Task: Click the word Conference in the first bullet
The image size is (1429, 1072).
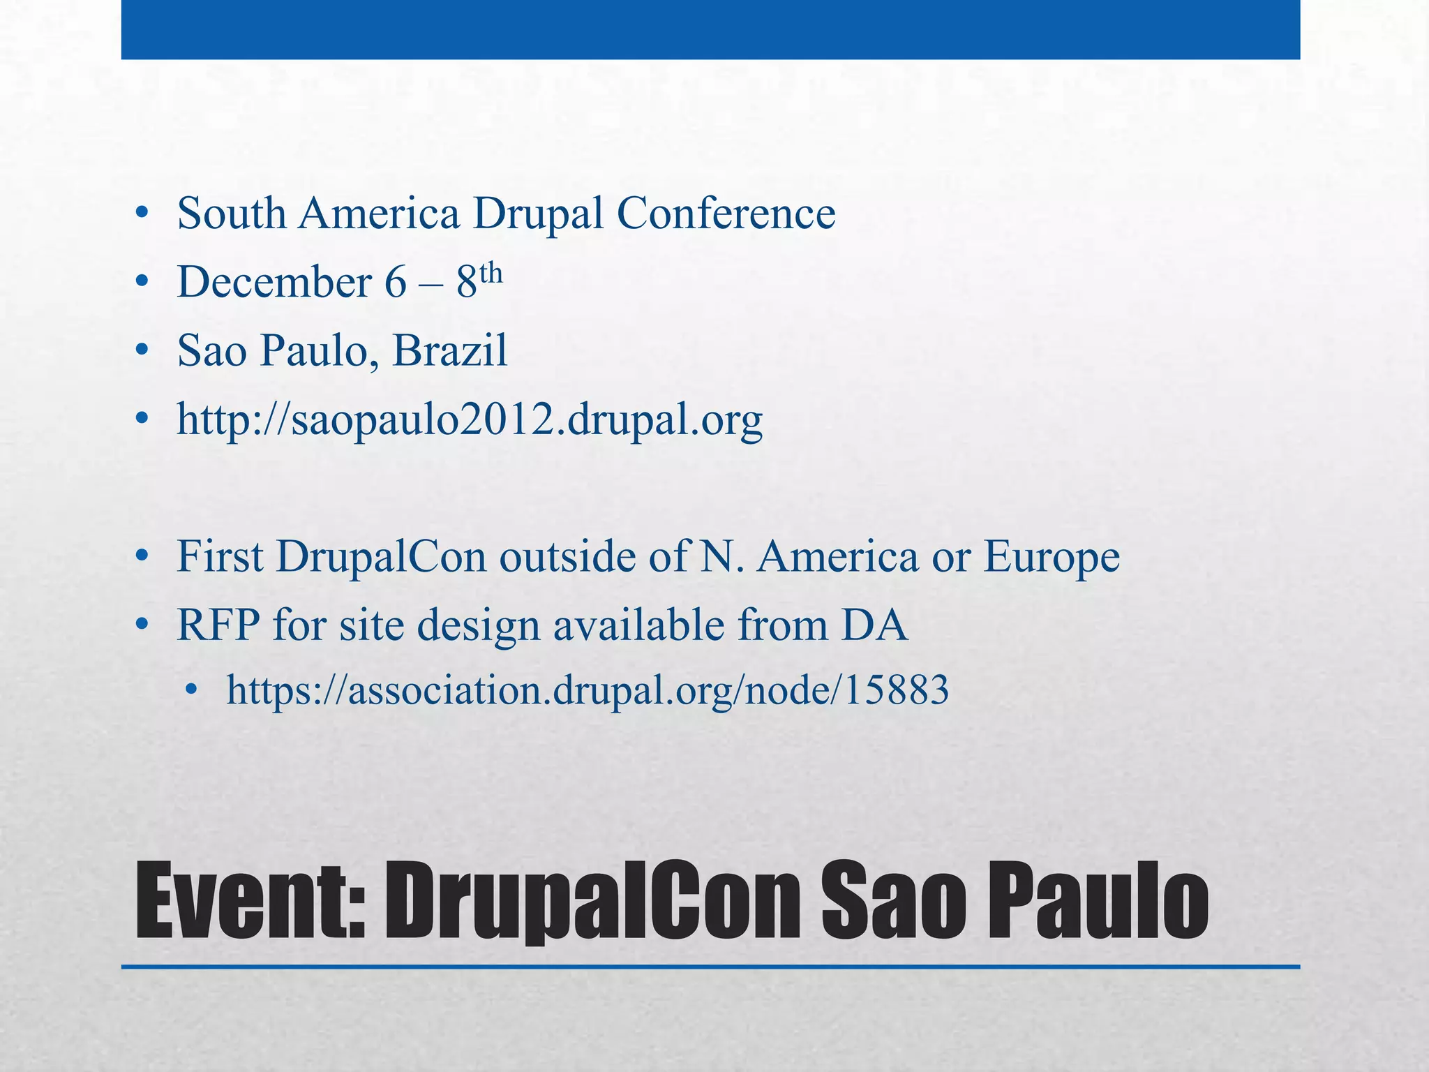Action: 726,213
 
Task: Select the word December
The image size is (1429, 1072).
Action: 274,282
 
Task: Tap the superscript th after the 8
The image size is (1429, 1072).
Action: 491,272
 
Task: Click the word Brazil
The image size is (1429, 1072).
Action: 450,350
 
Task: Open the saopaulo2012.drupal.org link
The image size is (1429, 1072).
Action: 470,420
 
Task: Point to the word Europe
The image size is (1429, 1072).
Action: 1052,558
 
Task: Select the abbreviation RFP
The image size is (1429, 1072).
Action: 218,625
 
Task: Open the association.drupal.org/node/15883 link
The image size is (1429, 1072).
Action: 588,690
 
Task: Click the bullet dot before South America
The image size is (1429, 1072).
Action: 142,214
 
